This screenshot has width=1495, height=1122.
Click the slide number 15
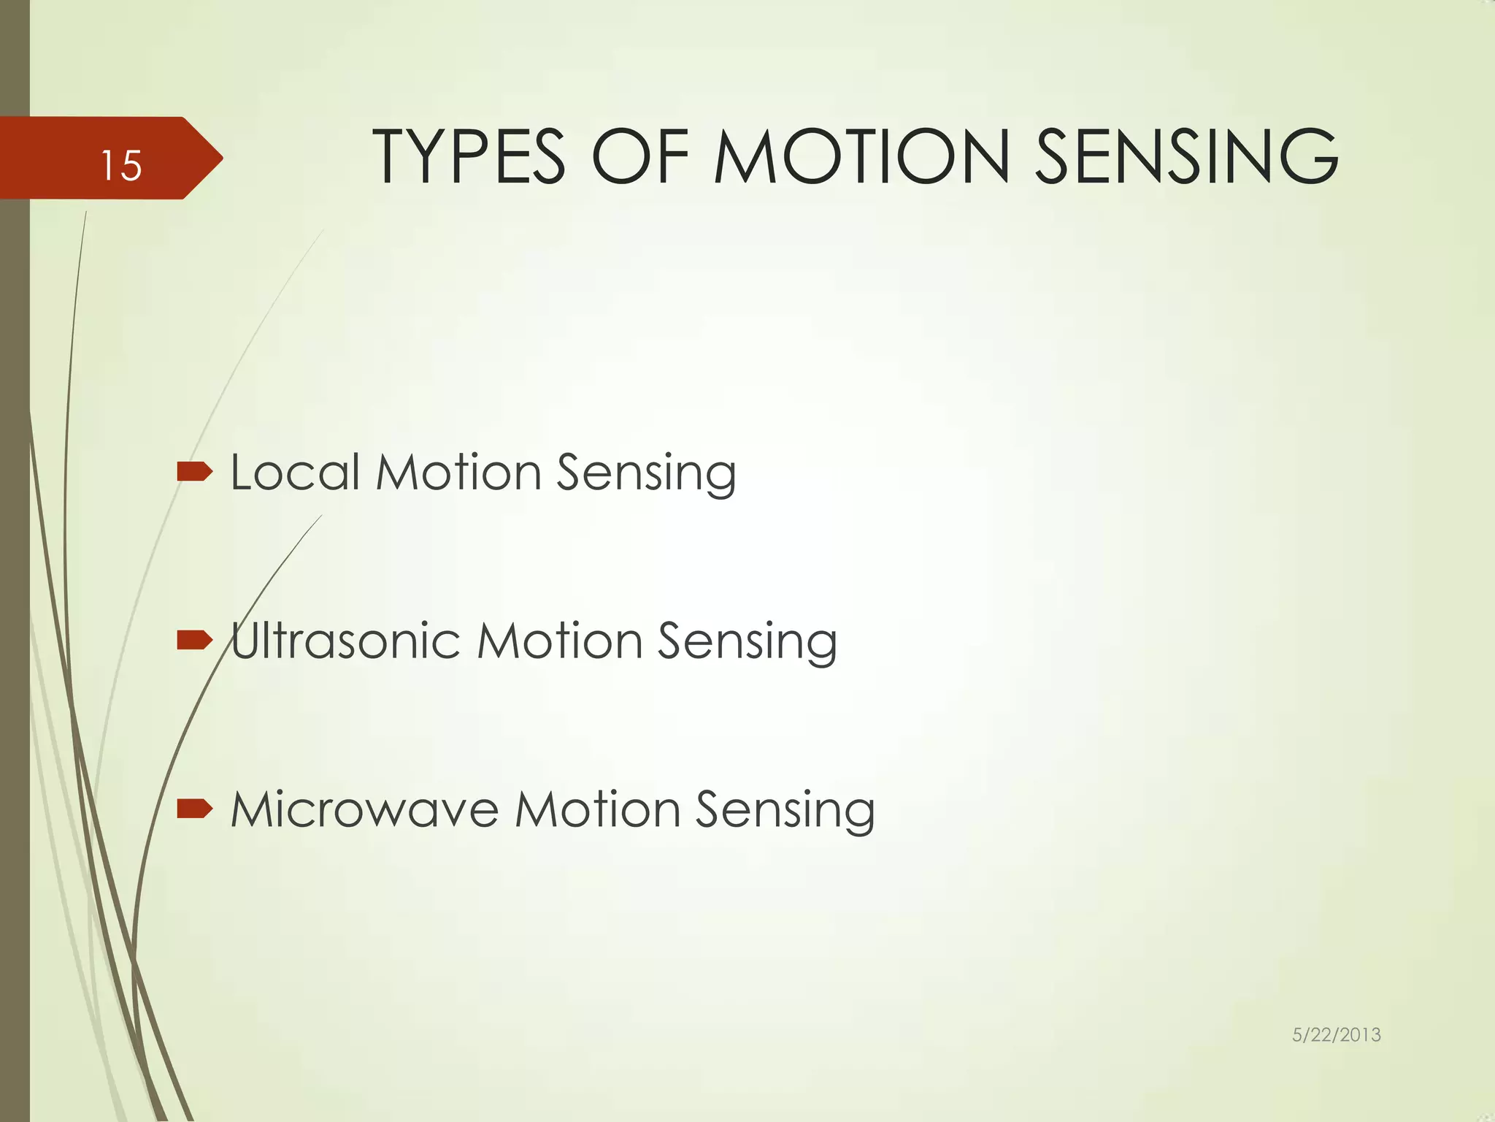pyautogui.click(x=121, y=165)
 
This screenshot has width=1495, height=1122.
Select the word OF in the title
pyautogui.click(x=640, y=156)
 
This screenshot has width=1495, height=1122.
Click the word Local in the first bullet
pyautogui.click(x=295, y=472)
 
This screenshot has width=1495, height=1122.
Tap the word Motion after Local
pyautogui.click(x=458, y=472)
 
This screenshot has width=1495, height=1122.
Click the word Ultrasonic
pyautogui.click(x=345, y=641)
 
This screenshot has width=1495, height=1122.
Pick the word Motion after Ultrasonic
pyautogui.click(x=559, y=641)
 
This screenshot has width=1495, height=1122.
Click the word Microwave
pyautogui.click(x=364, y=809)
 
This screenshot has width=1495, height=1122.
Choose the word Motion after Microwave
pyautogui.click(x=597, y=809)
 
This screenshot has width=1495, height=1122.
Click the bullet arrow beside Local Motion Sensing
pyautogui.click(x=194, y=472)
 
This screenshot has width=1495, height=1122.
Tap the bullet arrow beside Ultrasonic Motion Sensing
pyautogui.click(x=194, y=641)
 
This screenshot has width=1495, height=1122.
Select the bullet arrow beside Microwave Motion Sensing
pyautogui.click(x=194, y=809)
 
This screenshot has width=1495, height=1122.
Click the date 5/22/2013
pyautogui.click(x=1336, y=1034)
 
